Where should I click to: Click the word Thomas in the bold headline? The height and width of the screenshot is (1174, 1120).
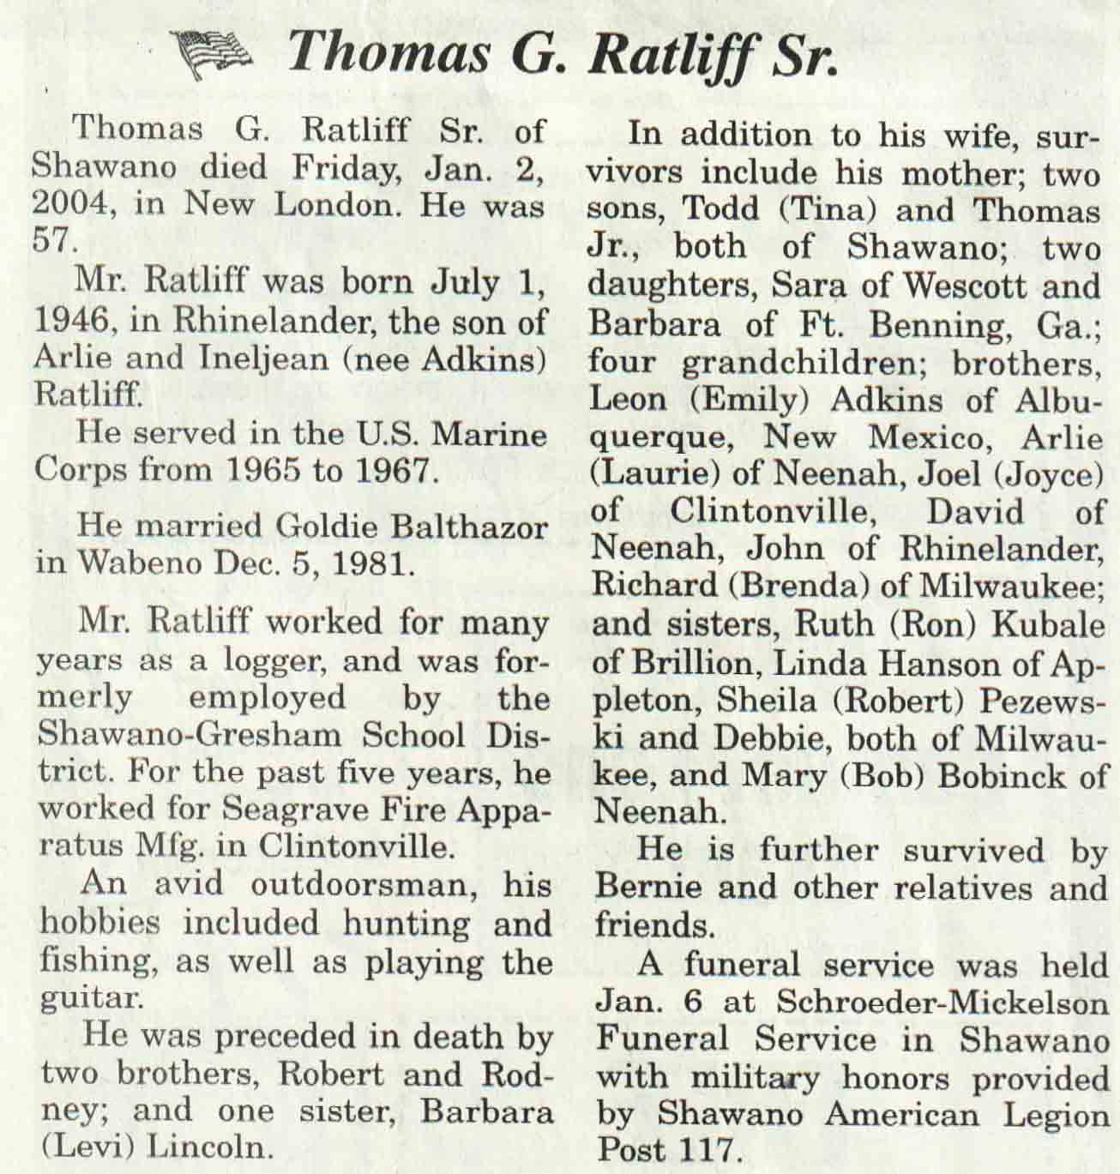pos(388,53)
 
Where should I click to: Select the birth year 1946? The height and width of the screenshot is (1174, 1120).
pos(71,322)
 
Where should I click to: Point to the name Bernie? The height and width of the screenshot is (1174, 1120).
pos(649,888)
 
